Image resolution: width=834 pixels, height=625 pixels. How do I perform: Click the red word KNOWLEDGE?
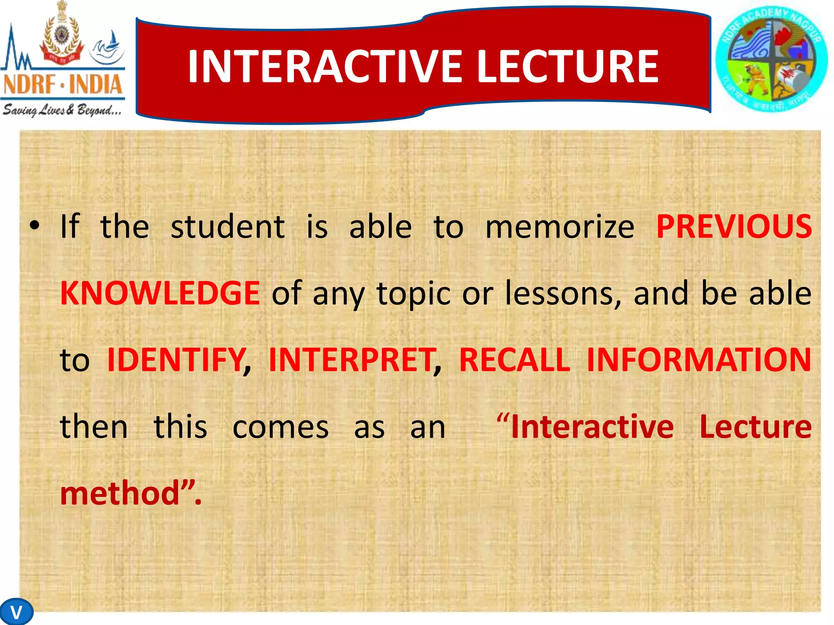point(160,293)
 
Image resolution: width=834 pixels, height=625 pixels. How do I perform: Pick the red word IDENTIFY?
point(176,360)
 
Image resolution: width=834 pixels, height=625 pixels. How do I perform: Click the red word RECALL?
point(514,360)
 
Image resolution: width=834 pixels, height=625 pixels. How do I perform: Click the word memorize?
point(560,227)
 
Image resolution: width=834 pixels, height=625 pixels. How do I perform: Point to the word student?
point(228,227)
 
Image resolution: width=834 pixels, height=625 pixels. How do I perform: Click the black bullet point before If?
point(35,225)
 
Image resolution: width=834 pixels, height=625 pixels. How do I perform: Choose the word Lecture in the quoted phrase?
point(755,426)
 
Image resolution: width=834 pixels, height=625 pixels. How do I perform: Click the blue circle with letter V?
point(16,612)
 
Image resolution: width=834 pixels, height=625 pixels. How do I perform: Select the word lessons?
point(563,293)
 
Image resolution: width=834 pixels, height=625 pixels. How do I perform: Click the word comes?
point(280,427)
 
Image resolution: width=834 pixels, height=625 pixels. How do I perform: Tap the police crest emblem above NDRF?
point(62,35)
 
